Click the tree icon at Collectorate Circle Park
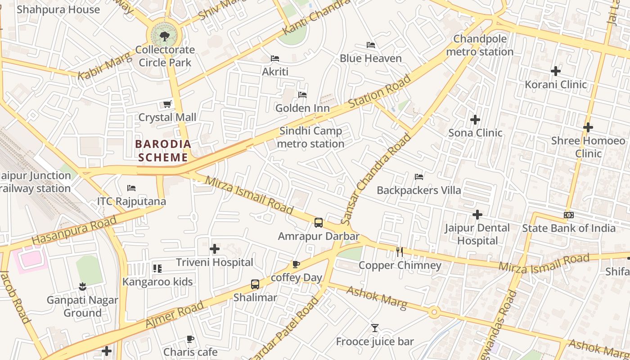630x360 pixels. [164, 35]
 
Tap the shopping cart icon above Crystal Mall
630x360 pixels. [167, 104]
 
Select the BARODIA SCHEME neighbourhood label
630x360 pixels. [163, 151]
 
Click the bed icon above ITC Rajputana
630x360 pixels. [131, 188]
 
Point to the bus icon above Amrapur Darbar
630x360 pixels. [319, 222]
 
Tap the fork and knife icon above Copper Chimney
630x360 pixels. [400, 252]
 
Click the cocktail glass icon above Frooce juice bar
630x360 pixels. [375, 328]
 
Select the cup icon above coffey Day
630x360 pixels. [296, 264]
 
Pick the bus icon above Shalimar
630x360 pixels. [255, 284]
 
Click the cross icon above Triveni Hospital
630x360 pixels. [215, 248]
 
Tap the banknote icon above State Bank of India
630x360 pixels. [569, 215]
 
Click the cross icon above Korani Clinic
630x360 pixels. [556, 71]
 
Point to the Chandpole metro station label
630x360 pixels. [480, 45]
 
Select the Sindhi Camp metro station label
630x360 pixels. [311, 137]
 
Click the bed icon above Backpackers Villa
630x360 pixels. [419, 176]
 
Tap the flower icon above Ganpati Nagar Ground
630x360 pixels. [82, 286]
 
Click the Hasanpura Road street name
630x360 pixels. [74, 230]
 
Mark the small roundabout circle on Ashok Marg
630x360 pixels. [434, 312]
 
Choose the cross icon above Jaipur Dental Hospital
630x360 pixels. [477, 215]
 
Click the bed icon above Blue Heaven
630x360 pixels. [371, 45]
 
